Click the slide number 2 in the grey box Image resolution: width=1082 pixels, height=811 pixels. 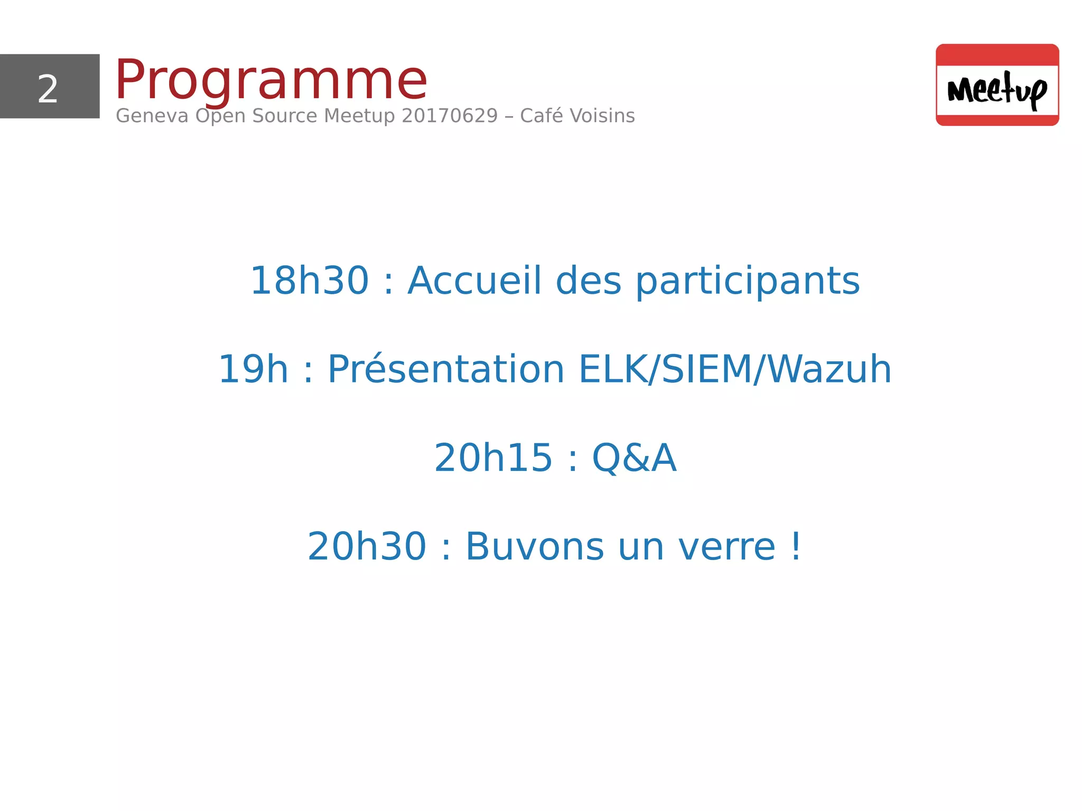click(x=48, y=89)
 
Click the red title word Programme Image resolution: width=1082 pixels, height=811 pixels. click(x=270, y=80)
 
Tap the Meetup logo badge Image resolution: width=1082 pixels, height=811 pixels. click(x=997, y=85)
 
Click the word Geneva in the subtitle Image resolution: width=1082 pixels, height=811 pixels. click(x=152, y=116)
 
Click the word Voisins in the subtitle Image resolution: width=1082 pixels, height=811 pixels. click(x=602, y=116)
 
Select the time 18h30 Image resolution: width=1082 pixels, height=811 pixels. click(x=309, y=281)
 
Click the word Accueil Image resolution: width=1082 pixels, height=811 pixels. click(x=474, y=281)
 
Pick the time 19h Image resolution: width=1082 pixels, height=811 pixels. click(x=253, y=369)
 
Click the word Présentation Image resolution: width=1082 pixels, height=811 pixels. click(x=446, y=369)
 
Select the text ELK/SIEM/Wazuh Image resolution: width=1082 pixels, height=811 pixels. click(x=735, y=369)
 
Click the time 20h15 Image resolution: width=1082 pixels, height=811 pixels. click(x=493, y=458)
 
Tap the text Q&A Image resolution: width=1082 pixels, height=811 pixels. click(x=634, y=458)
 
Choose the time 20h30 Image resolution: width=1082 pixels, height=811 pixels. click(x=367, y=546)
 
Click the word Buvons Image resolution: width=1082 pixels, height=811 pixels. click(x=534, y=546)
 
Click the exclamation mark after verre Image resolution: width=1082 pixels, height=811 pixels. click(x=796, y=546)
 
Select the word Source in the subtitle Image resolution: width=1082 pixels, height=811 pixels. click(x=284, y=116)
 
